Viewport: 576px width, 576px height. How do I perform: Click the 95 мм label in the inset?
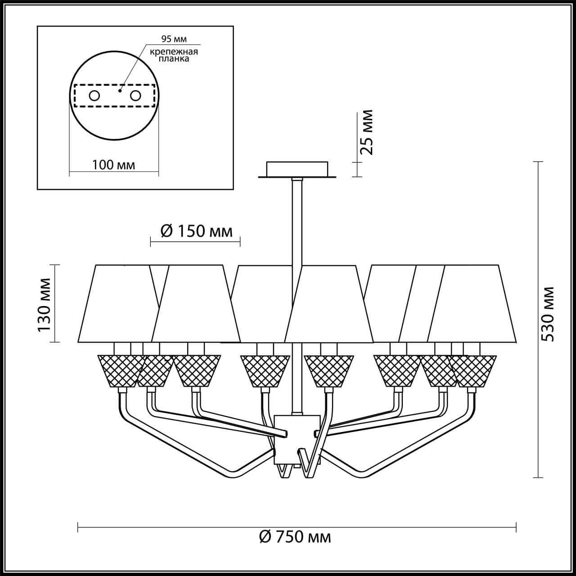coord(174,39)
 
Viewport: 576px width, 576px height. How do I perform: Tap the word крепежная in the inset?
coord(174,52)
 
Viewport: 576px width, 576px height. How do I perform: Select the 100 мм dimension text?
coord(113,165)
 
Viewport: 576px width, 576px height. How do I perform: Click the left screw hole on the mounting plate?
coord(94,96)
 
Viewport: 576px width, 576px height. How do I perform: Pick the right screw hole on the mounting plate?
coord(135,96)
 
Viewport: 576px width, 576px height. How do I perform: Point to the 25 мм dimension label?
coord(366,132)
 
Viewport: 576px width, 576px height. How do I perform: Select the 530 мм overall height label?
coord(548,314)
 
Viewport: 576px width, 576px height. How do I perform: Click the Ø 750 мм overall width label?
coord(295,545)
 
